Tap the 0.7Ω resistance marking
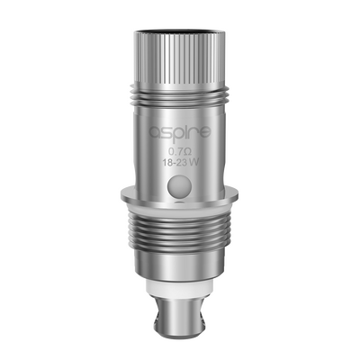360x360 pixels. [180, 153]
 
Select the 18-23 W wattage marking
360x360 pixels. [180, 166]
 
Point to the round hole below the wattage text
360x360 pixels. [180, 185]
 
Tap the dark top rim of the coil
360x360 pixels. [180, 31]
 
